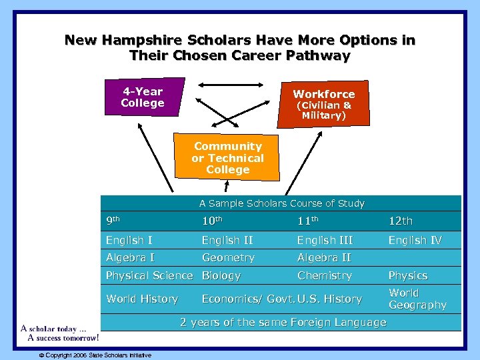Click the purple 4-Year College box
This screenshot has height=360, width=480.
[x=143, y=97]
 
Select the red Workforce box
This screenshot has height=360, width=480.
[x=324, y=104]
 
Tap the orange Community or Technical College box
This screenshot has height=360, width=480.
[x=227, y=158]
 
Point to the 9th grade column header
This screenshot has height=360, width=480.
[x=113, y=221]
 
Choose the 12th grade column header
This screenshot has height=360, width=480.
[x=401, y=221]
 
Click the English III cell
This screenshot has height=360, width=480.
[x=325, y=240]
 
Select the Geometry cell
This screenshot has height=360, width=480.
[x=228, y=258]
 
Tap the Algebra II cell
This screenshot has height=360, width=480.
[x=325, y=258]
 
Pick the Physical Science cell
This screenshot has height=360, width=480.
[x=149, y=275]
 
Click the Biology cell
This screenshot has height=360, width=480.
[x=221, y=275]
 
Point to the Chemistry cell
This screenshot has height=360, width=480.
[x=325, y=275]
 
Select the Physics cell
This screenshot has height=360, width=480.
[x=408, y=275]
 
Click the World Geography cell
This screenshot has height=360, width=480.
[x=417, y=299]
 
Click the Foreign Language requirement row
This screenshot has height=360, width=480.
[x=283, y=323]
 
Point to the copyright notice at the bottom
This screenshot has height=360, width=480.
[x=95, y=355]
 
